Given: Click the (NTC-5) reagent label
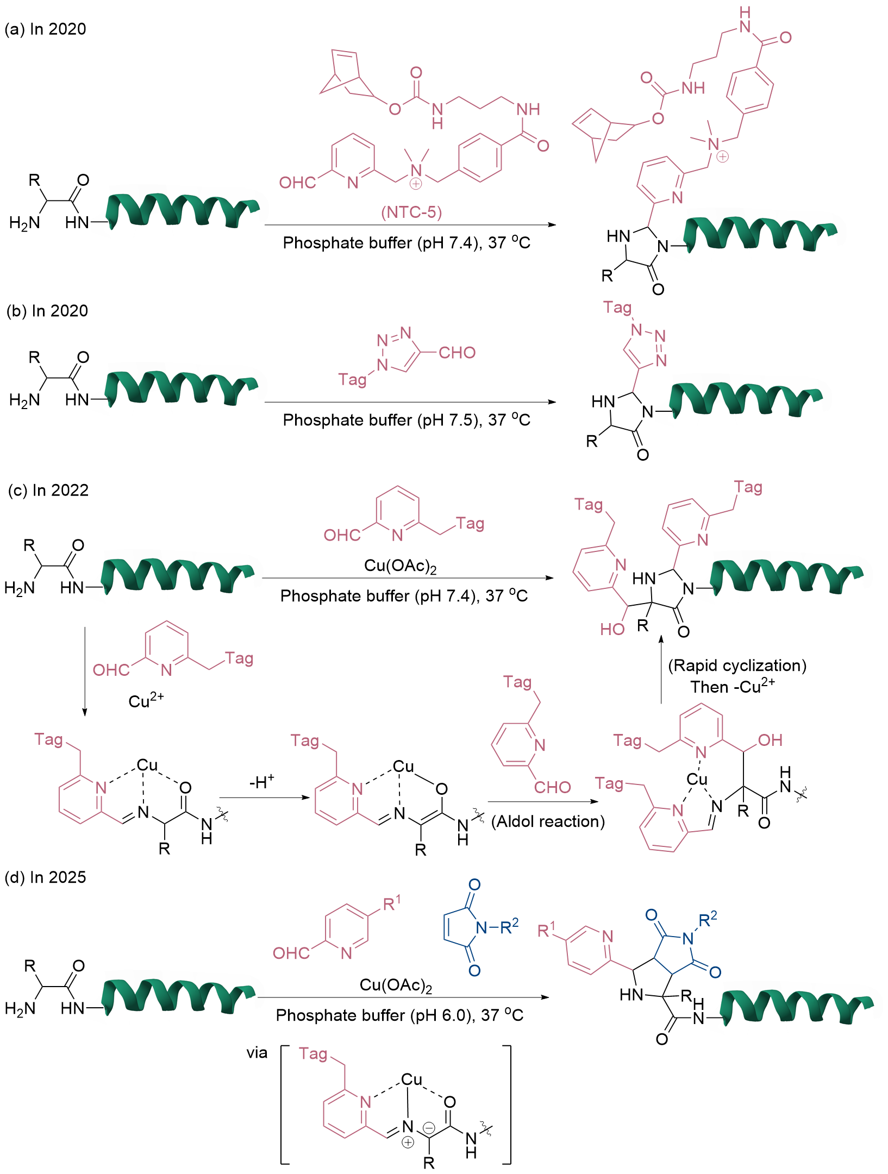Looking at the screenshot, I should tap(411, 212).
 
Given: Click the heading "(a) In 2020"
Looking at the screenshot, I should tap(45, 29).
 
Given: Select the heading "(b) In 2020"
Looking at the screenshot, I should tap(47, 311).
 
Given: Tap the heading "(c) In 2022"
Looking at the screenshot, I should tap(48, 490).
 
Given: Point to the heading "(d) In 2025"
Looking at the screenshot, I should tap(45, 877).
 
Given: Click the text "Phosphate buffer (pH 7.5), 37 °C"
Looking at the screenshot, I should tap(407, 420).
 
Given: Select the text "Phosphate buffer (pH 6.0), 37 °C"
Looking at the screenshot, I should tap(399, 1015).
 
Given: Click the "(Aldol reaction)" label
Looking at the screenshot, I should tap(548, 821).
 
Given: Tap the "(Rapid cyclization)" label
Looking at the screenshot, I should tap(737, 666).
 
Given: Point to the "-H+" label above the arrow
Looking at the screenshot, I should tap(262, 782).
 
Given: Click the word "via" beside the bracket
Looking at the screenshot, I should tap(257, 1053).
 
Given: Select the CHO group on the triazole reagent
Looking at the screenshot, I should tap(457, 353).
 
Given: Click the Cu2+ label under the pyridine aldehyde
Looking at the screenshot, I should tap(146, 700).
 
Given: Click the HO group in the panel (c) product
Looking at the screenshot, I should tap(612, 629).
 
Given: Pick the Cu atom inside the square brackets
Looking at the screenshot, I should tap(411, 1079).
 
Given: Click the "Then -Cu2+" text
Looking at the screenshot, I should tap(732, 687).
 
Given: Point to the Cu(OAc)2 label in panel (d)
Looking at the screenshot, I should tap(396, 985).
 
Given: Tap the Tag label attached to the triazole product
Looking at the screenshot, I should tap(617, 307).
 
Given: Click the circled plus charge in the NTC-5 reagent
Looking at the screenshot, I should tap(415, 184).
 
